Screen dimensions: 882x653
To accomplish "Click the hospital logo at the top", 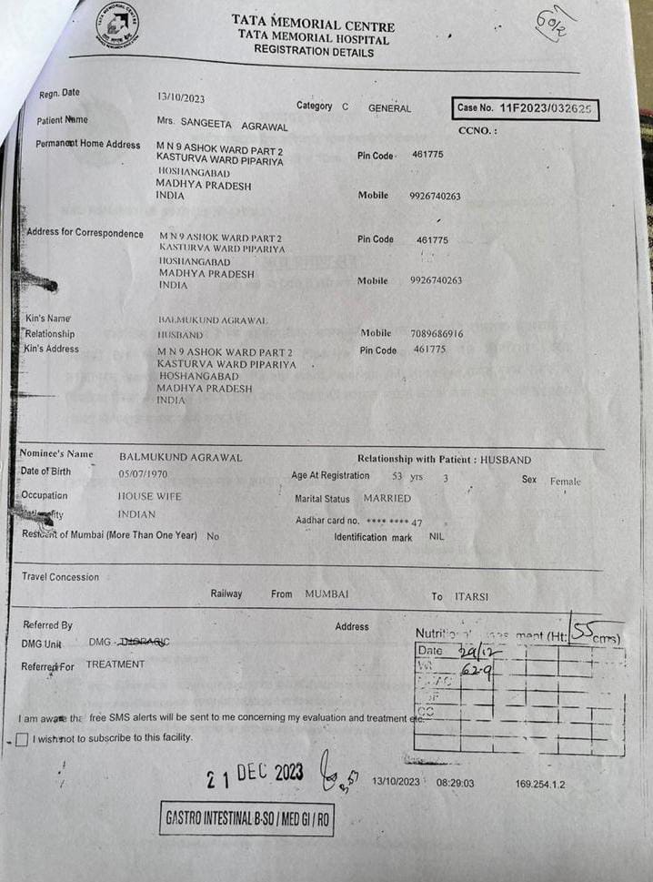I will click(x=117, y=27).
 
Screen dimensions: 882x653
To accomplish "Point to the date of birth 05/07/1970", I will click(x=143, y=474).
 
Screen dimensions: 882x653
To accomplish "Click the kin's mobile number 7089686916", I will click(x=437, y=334).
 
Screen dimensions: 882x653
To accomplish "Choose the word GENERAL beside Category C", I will click(x=389, y=108).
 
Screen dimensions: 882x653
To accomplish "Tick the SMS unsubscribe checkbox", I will click(x=22, y=739).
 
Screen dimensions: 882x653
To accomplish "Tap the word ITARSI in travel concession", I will click(x=472, y=597).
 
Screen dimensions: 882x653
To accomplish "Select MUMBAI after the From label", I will click(x=326, y=593).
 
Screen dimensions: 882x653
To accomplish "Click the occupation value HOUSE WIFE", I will click(x=150, y=497).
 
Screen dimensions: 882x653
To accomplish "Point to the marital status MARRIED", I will click(x=387, y=499).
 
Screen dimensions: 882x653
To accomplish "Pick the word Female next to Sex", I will click(x=565, y=482).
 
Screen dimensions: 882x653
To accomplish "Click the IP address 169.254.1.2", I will click(x=540, y=783).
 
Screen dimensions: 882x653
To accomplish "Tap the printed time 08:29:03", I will click(x=455, y=782).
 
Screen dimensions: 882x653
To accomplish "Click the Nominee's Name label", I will click(x=56, y=453).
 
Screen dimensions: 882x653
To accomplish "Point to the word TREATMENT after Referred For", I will click(x=116, y=664).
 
